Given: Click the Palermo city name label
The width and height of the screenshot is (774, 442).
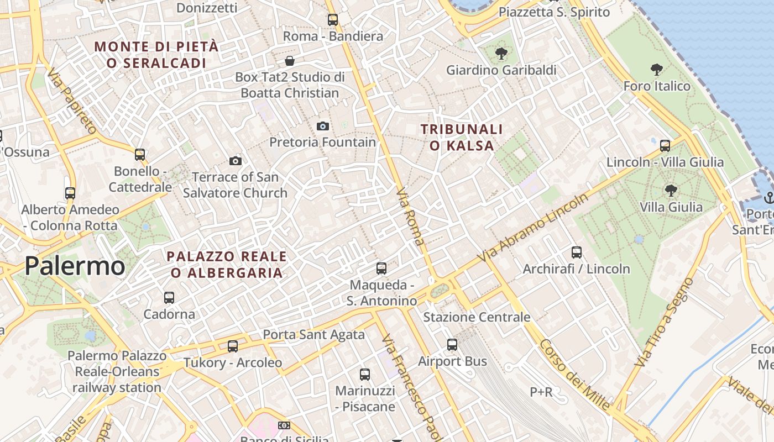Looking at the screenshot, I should coord(75,266).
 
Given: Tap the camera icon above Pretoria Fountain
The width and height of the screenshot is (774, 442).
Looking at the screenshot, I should coord(323,127).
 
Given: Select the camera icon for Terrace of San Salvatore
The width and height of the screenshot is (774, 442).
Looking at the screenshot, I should coord(236,161).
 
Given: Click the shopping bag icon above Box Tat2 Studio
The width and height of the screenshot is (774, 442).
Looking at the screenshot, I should coord(289,61).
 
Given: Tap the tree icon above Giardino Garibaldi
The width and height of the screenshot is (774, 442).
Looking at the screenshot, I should coord(501,54).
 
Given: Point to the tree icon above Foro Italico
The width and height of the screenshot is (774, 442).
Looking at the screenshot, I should coord(657,70).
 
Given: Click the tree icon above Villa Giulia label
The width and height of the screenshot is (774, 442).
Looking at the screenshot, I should coord(671,191).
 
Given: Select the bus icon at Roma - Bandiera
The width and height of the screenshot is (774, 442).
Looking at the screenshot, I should coord(333,20).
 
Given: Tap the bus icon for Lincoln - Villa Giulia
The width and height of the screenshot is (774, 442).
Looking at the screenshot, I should coord(665,146).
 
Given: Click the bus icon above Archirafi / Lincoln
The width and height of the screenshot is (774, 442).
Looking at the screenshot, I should coord(577,252).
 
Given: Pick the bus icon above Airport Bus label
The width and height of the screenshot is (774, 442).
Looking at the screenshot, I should coord(452,345).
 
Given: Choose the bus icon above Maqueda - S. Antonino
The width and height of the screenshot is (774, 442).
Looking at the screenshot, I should coord(381,269).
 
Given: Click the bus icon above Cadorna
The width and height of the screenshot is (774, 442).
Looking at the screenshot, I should coord(169,298).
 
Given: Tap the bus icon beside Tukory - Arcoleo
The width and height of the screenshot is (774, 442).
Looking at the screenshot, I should coord(233,346).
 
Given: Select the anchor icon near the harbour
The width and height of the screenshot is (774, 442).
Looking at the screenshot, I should coord(768,197).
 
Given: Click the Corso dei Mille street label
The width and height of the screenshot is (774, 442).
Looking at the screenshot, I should coord(574,375).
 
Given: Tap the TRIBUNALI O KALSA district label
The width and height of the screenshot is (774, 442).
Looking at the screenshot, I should coord(462,138).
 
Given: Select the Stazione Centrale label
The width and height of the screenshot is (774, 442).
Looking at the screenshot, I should coord(477,317).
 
